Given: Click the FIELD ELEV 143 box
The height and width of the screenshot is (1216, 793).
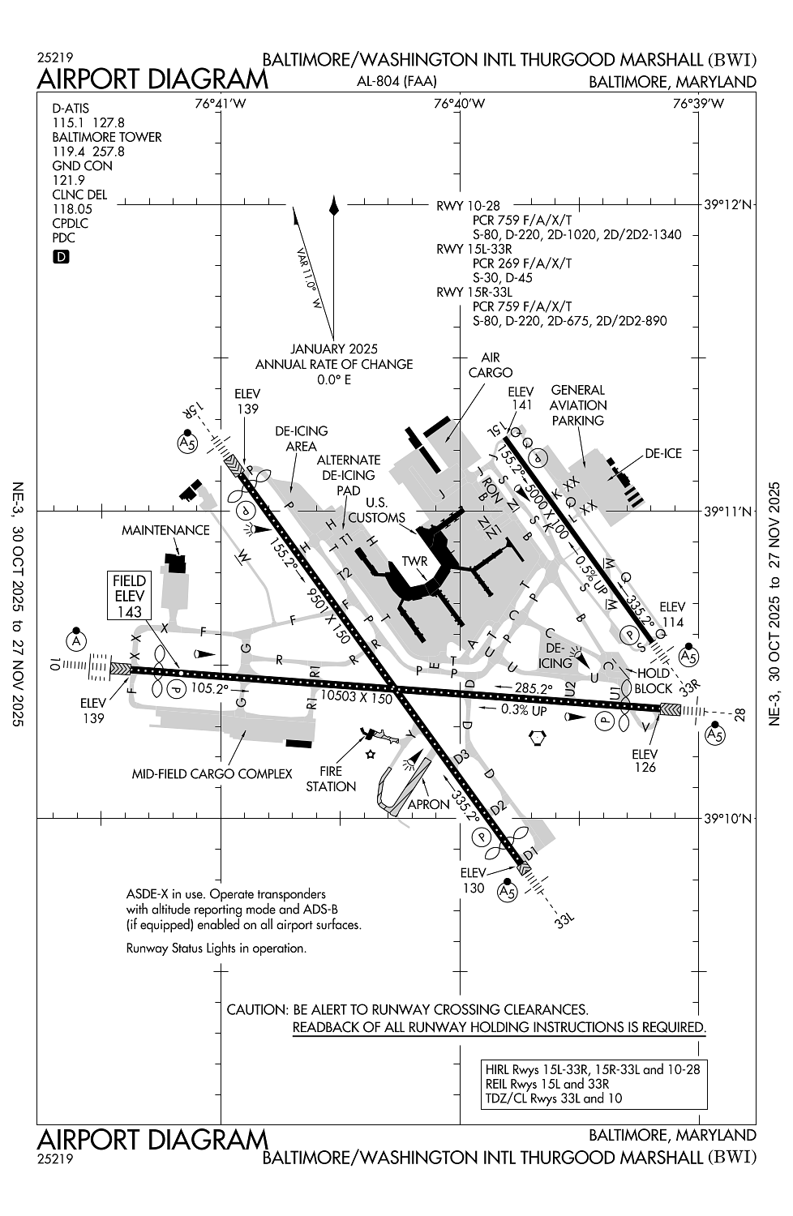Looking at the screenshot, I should coord(130,596).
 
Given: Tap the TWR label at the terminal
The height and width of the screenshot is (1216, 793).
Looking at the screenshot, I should coord(414,562).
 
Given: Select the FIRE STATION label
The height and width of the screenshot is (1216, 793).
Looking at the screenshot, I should coord(331,778).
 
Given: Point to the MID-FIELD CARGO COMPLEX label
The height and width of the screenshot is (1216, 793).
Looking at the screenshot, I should coord(212,774).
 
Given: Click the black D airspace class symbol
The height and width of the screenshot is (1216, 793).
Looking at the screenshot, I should coord(61,257).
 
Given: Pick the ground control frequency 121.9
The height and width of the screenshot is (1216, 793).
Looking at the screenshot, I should coord(69,180).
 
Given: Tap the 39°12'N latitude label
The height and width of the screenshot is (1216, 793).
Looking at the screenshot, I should coord(727,205).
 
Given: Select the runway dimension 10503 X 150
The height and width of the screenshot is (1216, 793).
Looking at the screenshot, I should coord(356,696).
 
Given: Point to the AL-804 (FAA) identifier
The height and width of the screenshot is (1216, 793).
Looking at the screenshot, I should coord(396,81).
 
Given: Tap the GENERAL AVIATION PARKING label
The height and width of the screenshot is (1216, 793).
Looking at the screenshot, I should coord(578,405).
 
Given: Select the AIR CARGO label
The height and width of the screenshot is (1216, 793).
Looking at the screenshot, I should coord(491,365).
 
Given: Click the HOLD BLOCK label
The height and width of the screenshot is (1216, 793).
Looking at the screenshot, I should coord(654,681).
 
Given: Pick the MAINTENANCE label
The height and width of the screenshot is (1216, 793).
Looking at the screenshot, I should coord(165,530).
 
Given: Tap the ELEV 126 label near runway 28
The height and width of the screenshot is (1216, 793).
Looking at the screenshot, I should coord(645,760).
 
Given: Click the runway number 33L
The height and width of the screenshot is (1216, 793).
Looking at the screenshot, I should coord(564,920).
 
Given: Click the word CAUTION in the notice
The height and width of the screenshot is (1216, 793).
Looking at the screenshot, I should coord(256,1010).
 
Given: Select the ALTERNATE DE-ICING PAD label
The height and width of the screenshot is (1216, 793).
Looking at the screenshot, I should coord(349,475).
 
